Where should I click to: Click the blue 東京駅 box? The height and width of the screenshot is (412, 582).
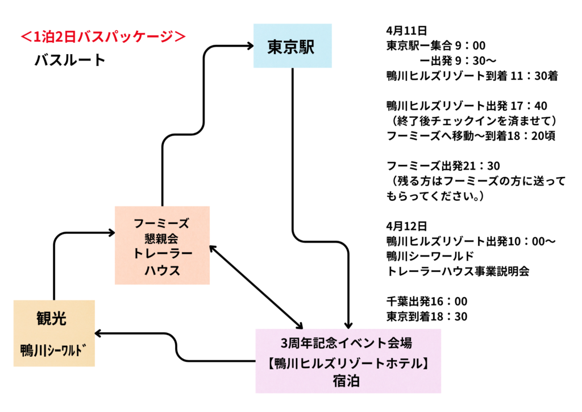[x=292, y=47]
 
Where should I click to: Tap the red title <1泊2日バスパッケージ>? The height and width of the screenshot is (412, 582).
[x=103, y=37]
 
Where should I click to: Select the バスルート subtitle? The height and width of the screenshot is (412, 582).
[x=70, y=60]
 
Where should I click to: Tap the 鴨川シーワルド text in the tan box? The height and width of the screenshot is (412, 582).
[x=55, y=348]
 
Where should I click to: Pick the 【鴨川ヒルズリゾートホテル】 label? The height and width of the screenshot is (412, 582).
[x=347, y=362]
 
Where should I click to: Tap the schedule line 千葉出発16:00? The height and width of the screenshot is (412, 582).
[x=426, y=301]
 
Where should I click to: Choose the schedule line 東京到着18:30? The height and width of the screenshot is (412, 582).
[x=426, y=316]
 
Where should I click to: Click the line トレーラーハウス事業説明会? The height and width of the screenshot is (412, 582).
[x=458, y=271]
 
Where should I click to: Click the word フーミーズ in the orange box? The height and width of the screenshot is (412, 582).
[x=161, y=222]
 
